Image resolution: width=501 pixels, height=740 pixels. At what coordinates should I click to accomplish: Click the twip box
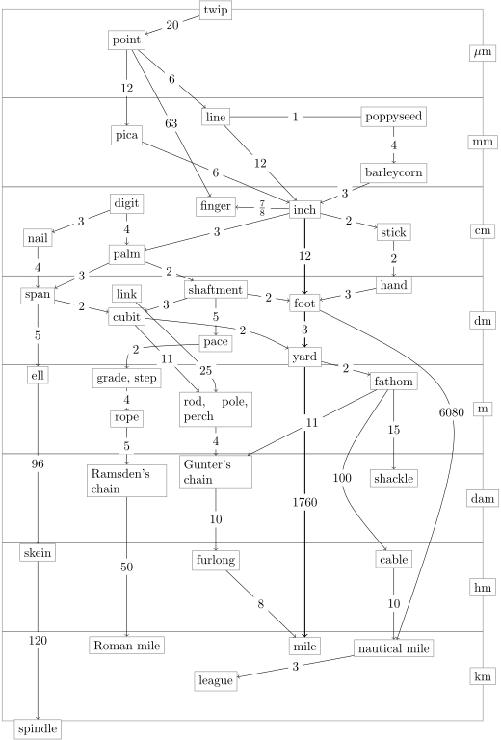(216, 10)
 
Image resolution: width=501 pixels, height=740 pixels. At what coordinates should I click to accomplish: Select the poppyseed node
(394, 117)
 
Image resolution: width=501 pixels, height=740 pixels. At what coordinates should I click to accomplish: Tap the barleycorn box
(394, 172)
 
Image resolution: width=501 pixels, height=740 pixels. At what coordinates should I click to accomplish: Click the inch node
(304, 209)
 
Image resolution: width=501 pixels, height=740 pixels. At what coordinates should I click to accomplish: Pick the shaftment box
(216, 290)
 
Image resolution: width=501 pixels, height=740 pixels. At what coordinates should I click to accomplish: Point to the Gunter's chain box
(216, 472)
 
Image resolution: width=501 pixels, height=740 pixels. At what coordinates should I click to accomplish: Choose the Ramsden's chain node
(127, 481)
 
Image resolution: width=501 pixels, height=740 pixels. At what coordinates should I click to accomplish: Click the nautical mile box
(394, 648)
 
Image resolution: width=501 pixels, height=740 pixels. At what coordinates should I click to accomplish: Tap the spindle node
(38, 728)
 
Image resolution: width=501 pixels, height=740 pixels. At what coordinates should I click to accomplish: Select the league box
(216, 680)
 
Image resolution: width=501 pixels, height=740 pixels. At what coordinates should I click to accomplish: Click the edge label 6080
(452, 412)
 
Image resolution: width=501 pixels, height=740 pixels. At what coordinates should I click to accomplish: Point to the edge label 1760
(304, 503)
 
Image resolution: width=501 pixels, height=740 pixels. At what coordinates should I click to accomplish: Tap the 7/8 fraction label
(262, 208)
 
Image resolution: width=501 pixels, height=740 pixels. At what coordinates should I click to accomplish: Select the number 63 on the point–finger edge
(171, 123)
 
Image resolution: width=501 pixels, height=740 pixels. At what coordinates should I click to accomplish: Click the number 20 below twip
(172, 25)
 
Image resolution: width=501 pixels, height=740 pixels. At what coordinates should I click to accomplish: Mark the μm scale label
(483, 52)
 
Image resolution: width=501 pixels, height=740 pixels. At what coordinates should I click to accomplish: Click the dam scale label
(483, 499)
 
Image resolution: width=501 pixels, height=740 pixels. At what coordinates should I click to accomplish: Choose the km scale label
(483, 676)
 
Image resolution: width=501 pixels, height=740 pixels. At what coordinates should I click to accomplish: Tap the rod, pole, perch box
(216, 410)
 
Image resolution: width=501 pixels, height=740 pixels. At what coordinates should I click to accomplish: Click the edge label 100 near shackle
(342, 478)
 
